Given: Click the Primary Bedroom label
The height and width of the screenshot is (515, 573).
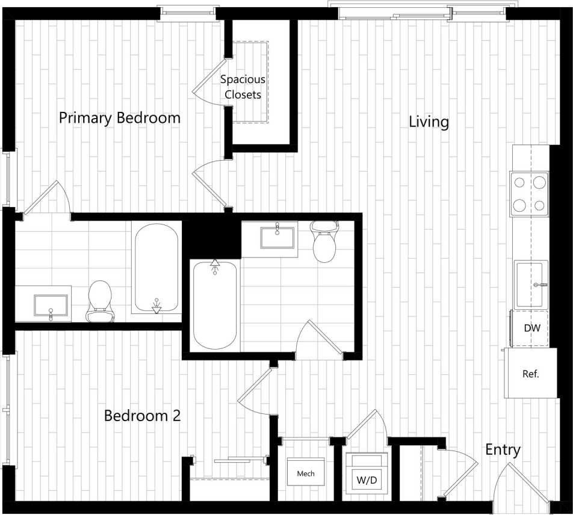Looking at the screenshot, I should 119,117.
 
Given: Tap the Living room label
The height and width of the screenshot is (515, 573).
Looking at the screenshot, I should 429,122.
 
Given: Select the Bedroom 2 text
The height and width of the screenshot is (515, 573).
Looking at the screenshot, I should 142,415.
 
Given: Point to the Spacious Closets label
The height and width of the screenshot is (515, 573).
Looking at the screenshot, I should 243,87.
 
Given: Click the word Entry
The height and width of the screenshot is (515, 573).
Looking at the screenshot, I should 503,449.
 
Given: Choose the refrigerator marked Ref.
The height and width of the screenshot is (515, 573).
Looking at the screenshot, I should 530,374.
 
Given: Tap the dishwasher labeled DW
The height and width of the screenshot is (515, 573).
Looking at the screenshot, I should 530,328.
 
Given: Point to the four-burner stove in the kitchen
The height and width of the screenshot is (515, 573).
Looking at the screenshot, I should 530,194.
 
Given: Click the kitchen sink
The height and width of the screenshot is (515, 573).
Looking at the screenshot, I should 531,284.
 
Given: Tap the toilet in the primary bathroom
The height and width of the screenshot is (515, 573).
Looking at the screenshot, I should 100,301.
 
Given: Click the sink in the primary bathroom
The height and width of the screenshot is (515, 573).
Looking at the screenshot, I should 51,304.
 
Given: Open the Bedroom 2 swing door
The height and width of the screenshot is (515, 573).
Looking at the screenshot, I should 256,391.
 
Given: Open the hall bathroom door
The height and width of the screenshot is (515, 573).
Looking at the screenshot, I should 319,340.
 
